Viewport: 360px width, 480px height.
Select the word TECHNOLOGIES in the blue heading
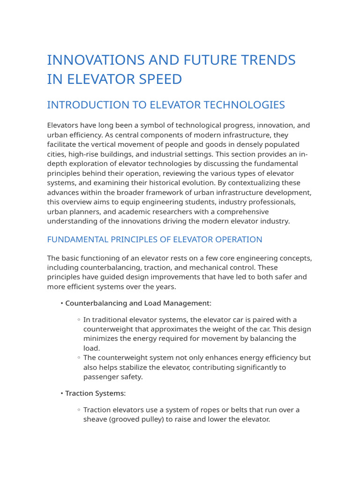(x=238, y=105)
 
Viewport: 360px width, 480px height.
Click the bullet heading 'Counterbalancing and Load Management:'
(x=138, y=303)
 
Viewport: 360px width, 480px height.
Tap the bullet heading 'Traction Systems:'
(x=96, y=393)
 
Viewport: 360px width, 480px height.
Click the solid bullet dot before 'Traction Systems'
(x=62, y=393)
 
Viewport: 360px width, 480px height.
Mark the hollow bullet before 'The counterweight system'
(x=79, y=358)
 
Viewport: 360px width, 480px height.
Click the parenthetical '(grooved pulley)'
(x=138, y=419)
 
